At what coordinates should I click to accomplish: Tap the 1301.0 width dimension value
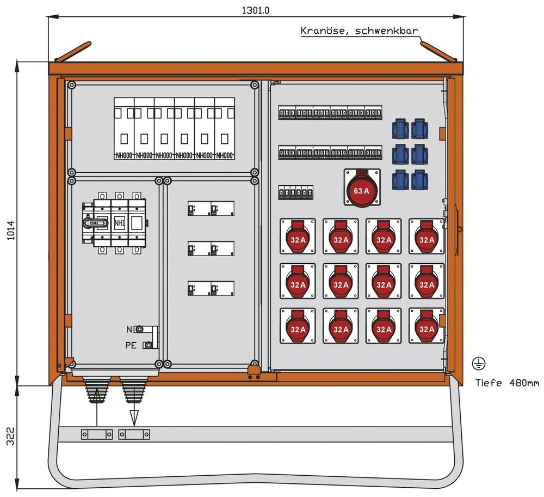coord(255,10)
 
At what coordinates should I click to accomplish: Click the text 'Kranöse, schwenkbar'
coord(359,31)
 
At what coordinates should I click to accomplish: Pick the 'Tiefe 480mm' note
coord(507,383)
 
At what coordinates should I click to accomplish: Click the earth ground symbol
coord(479,363)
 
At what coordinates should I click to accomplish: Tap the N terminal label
coord(129,329)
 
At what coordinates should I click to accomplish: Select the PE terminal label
coord(131,345)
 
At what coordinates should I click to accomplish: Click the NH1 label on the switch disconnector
coord(119,222)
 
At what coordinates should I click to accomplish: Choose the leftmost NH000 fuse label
coord(124,155)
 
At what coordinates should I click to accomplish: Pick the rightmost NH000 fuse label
coord(225,155)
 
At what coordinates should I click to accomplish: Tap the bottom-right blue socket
coord(419,180)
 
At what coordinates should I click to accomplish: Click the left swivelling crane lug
coord(73,52)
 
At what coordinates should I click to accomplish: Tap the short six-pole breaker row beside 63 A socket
coord(296,192)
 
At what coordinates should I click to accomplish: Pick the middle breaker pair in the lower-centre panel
coord(211,248)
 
